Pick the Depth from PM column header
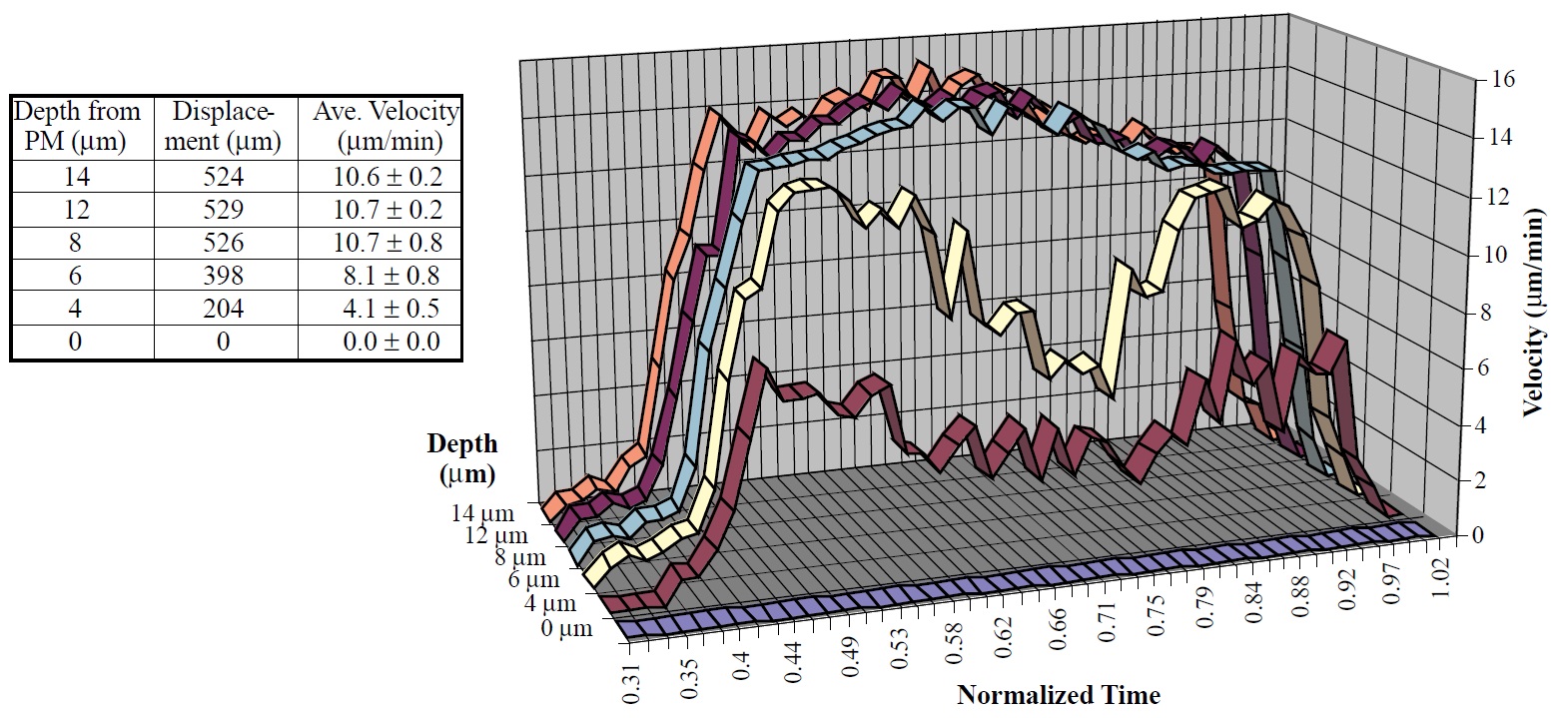(x=79, y=126)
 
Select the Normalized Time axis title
(x=1059, y=695)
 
